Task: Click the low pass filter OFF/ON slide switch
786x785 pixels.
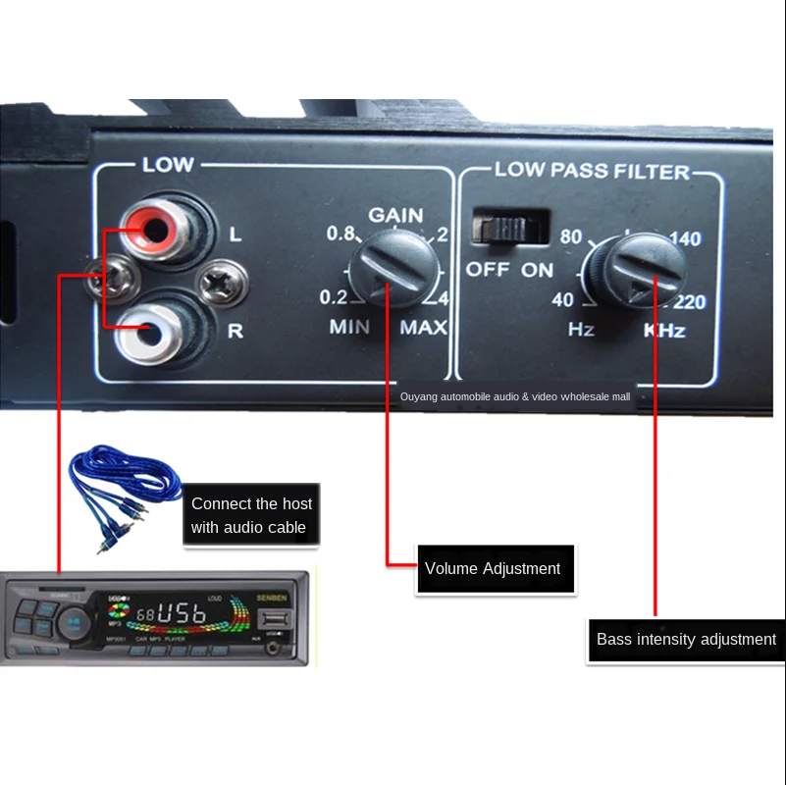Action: [x=509, y=226]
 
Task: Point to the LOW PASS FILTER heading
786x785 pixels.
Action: [x=592, y=171]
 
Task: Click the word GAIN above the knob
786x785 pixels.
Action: [x=395, y=215]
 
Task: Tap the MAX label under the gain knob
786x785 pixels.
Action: [x=423, y=328]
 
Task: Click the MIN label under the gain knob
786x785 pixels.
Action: [x=349, y=328]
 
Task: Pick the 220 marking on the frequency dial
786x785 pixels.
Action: [x=691, y=303]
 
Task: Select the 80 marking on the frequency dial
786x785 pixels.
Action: [x=571, y=237]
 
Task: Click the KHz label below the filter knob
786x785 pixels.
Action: [x=664, y=331]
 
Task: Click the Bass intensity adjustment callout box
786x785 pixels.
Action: [x=686, y=640]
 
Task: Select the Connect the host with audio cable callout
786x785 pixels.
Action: [x=251, y=515]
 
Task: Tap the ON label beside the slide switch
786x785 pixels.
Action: [x=538, y=270]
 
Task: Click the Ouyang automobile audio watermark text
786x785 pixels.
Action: [x=514, y=397]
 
